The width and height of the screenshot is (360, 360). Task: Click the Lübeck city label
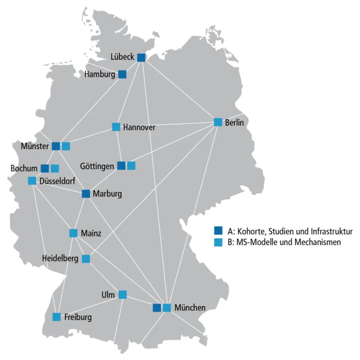123,57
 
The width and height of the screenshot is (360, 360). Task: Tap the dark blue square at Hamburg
122,74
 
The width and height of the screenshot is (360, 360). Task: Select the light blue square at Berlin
218,122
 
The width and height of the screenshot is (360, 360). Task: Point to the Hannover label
139,127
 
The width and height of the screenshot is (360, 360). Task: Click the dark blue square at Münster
56,146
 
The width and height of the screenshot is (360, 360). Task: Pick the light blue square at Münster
66,146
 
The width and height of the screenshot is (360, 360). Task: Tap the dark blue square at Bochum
45,168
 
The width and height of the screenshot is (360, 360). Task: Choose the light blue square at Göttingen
131,166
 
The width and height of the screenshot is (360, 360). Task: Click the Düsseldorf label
58,181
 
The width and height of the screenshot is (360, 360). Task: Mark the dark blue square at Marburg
86,194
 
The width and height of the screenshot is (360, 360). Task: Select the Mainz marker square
74,233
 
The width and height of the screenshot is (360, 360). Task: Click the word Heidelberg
60,259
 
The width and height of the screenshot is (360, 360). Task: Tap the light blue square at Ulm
122,295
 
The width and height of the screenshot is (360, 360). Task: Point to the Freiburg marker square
57,317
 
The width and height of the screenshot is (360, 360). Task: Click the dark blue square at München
157,308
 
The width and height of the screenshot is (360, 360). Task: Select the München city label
190,308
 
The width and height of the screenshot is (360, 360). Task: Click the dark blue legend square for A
218,231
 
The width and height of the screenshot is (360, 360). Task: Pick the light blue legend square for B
218,242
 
